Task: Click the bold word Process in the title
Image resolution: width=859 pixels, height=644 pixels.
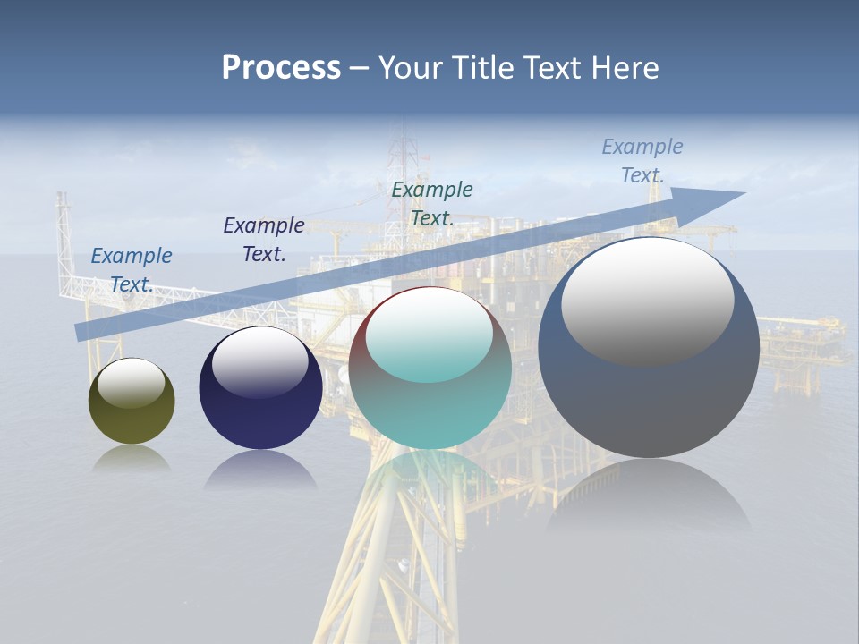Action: coord(281,68)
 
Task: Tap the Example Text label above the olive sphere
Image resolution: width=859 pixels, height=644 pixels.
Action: coord(132,269)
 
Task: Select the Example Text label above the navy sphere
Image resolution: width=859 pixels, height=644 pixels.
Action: coord(264,239)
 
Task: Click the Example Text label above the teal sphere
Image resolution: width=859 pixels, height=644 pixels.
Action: coord(432,203)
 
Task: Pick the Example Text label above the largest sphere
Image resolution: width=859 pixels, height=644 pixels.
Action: coord(642,160)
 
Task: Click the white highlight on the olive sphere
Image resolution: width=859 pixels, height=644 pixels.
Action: coord(132,382)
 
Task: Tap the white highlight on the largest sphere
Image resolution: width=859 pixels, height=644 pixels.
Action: coord(647,300)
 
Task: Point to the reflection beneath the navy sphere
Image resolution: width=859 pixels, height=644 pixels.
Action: coord(260,470)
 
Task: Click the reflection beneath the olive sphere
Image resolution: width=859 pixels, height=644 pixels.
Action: coord(132,458)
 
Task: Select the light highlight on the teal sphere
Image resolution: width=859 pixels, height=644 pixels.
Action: coord(429,335)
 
